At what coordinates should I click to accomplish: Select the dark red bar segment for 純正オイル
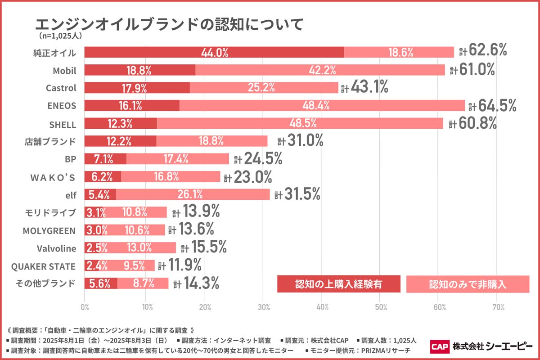pos(214,52)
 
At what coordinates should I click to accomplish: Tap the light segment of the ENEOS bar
pos(322,106)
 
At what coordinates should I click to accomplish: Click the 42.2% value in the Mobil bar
pos(320,70)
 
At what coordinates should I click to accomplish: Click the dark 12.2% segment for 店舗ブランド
pos(120,141)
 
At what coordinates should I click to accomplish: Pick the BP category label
pos(71,159)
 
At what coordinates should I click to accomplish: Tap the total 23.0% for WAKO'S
pos(253,177)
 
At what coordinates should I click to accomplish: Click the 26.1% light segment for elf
pos(193,194)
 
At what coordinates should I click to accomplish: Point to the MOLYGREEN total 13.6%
pos(196,230)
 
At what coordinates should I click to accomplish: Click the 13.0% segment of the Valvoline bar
pos(139,248)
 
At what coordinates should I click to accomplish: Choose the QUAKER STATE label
pos(43,266)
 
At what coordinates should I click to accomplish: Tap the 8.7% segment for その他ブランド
pos(143,283)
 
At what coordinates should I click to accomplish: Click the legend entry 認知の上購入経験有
pos(338,284)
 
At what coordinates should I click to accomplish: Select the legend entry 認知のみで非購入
pos(468,284)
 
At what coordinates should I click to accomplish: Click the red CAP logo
pos(439,346)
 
